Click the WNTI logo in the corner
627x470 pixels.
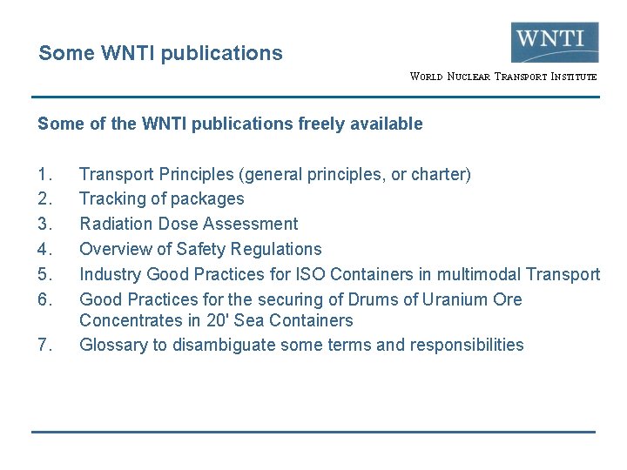click(x=555, y=42)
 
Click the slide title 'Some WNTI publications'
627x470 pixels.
click(x=160, y=53)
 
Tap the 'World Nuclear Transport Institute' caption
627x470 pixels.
click(x=503, y=77)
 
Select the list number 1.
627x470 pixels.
click(x=45, y=174)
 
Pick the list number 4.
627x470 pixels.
click(x=45, y=250)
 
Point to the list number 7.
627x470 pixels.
click(x=45, y=345)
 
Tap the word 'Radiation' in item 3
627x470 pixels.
click(x=114, y=225)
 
